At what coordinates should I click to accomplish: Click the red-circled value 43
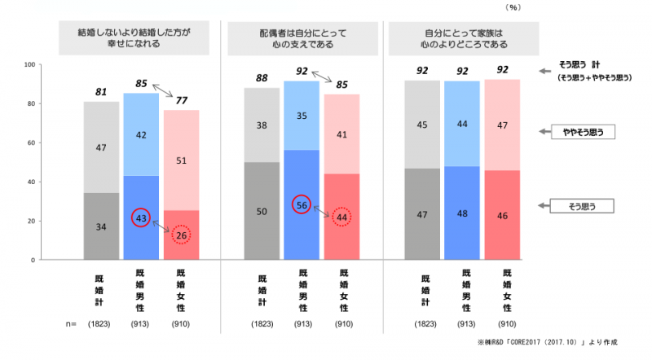point(142,217)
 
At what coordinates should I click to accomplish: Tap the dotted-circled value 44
point(342,217)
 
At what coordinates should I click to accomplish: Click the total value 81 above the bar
point(101,91)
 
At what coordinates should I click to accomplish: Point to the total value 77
point(181,101)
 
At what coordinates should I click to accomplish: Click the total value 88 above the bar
point(261,78)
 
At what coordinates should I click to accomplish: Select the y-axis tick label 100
point(29,64)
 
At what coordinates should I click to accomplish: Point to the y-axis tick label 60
point(31,143)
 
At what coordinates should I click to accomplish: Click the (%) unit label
point(512,7)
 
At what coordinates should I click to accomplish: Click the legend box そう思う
point(580,208)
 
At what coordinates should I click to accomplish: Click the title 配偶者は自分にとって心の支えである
point(302,37)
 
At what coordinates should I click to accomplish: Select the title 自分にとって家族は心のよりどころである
point(464,37)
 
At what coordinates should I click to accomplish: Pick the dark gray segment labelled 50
point(261,211)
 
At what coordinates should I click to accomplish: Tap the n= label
point(72,324)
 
